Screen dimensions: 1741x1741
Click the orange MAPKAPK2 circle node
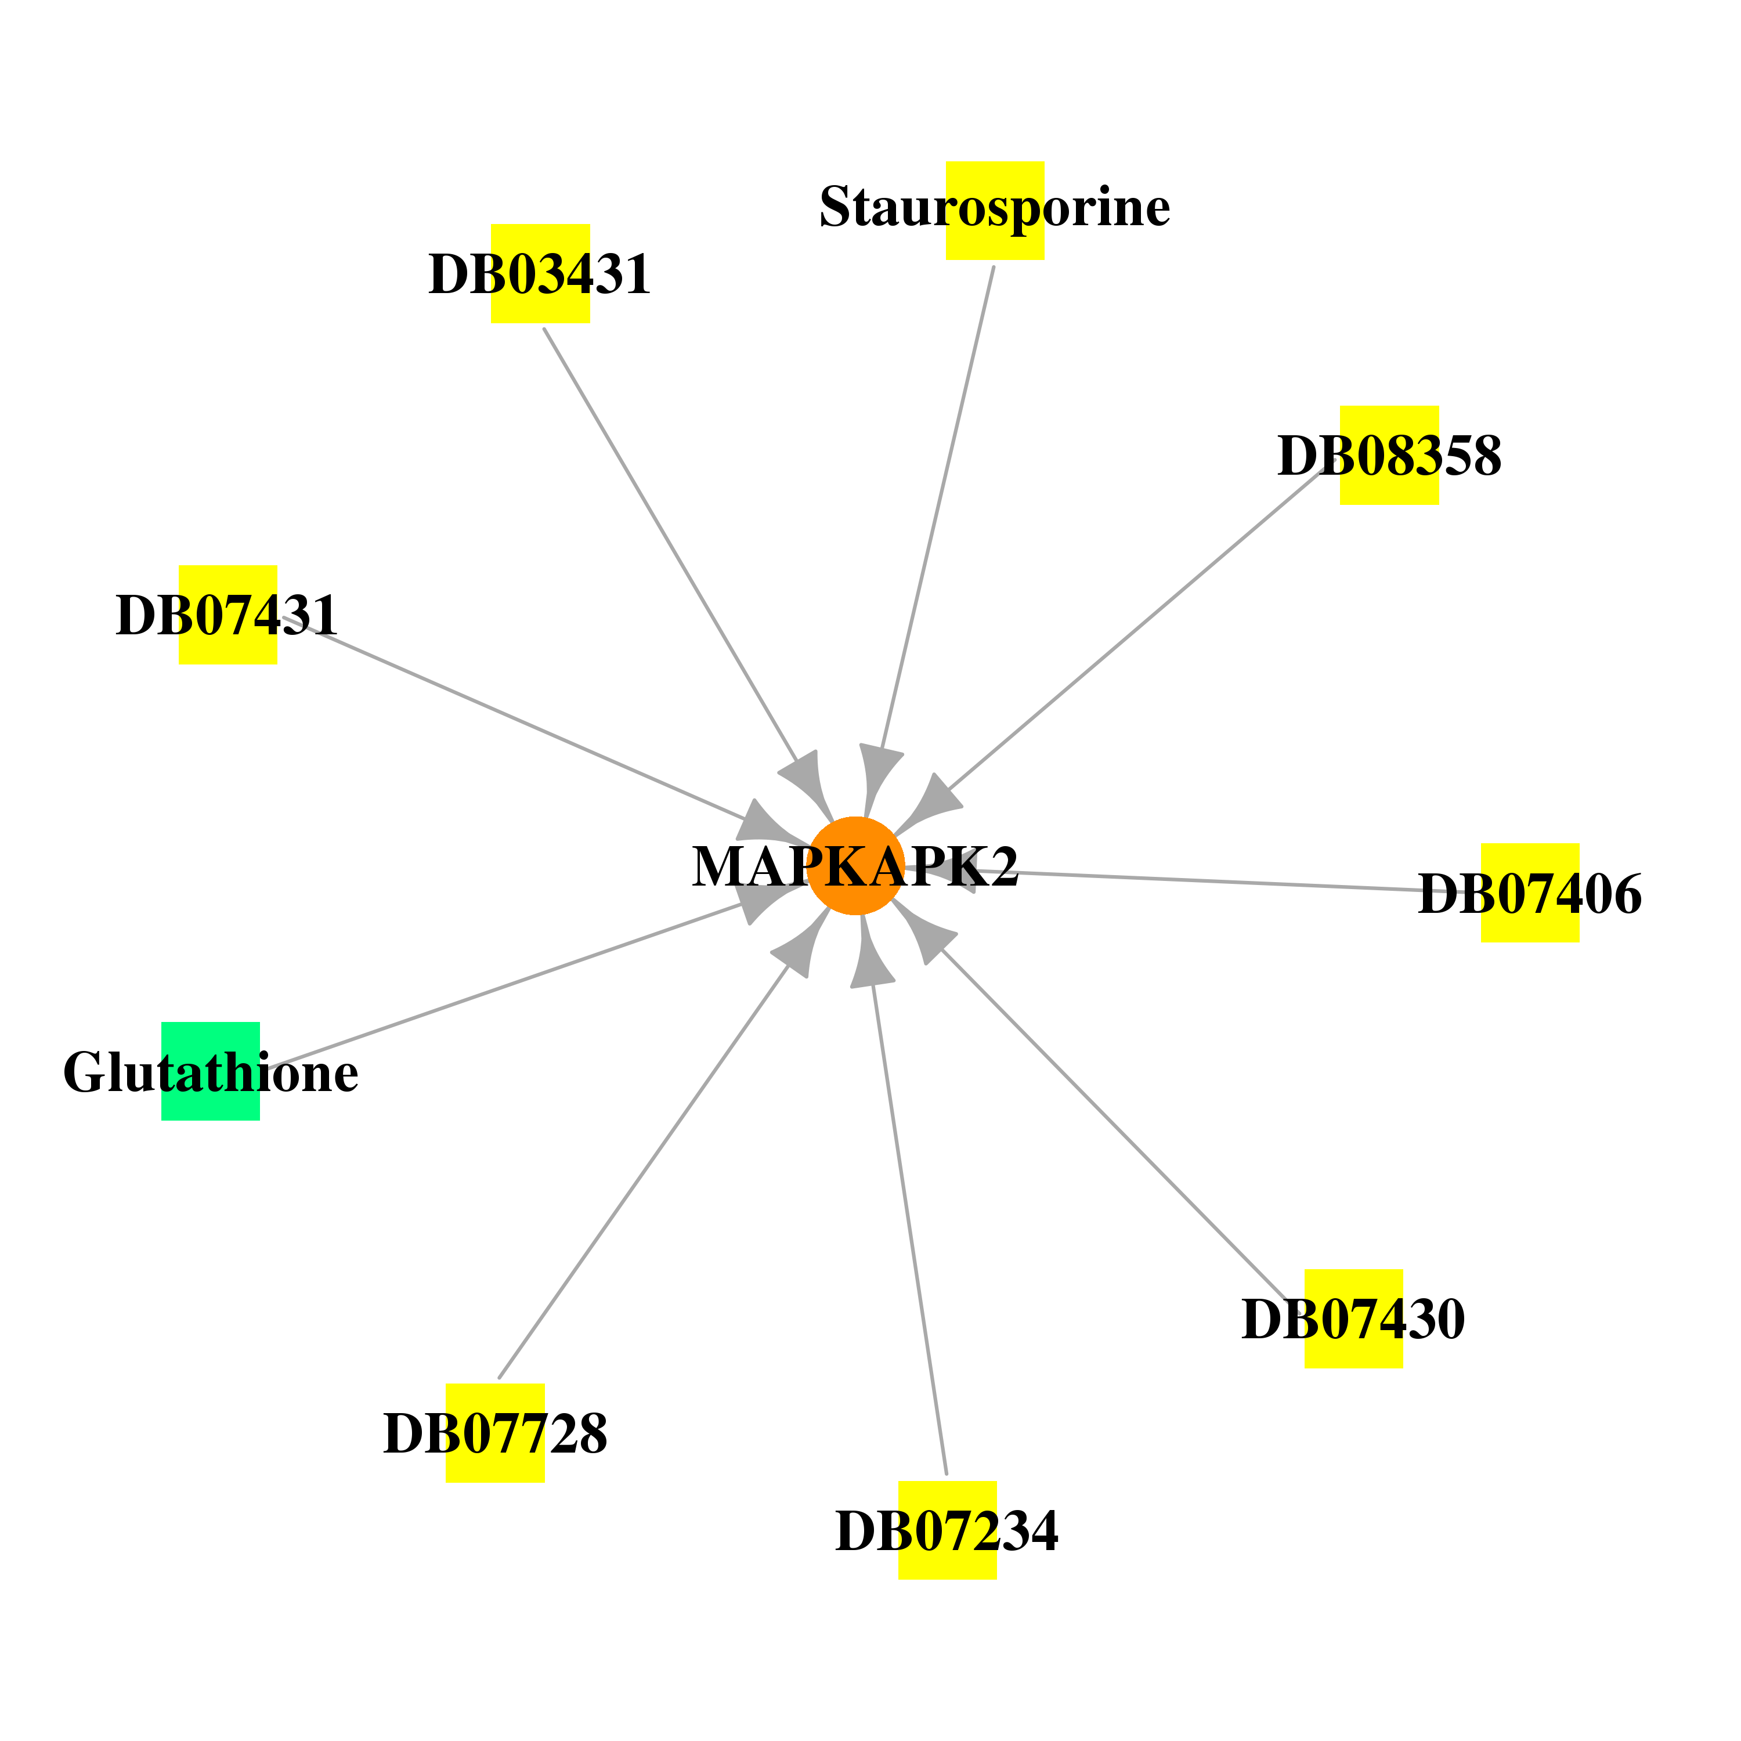[x=855, y=866]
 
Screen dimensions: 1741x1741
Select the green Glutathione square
[x=211, y=1071]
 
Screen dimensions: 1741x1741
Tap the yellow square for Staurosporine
[x=995, y=211]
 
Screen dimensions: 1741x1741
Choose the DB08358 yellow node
[x=1389, y=455]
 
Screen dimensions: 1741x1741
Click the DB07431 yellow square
[x=228, y=615]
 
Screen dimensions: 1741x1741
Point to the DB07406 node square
[x=1530, y=893]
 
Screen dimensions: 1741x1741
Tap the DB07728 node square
[x=496, y=1433]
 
